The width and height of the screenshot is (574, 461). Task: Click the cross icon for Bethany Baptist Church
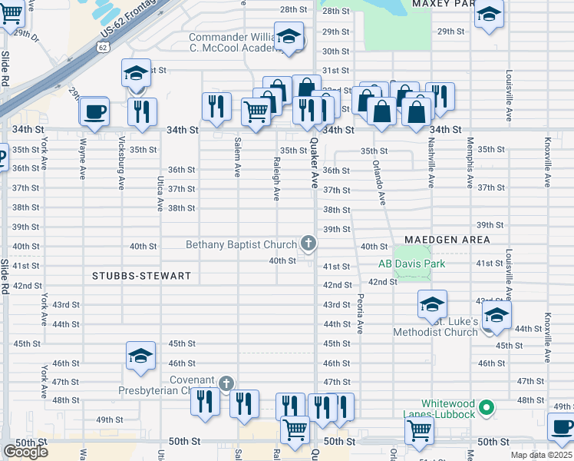point(308,244)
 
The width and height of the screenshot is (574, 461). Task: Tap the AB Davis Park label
point(411,264)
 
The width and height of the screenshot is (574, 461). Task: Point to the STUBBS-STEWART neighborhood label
point(141,275)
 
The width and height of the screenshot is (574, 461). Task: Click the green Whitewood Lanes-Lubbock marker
point(485,406)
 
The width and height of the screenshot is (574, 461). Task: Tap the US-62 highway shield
point(103,47)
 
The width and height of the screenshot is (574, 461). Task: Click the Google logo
point(25,452)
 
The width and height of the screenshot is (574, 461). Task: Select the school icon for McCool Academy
point(289,36)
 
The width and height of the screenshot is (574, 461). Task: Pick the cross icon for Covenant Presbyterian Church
point(226,383)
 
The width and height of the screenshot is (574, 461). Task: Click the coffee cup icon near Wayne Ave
point(95,111)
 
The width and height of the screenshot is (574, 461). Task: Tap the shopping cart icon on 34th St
point(256,111)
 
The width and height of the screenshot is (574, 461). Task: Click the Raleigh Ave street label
point(275,178)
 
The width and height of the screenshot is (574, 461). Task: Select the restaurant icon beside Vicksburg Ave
point(142,111)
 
